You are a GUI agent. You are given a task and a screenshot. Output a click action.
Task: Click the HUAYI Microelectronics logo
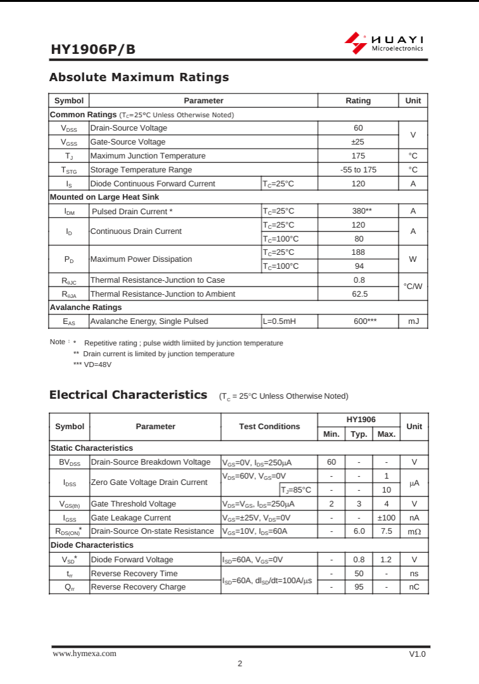click(x=384, y=42)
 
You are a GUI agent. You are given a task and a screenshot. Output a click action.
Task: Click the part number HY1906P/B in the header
click(x=93, y=50)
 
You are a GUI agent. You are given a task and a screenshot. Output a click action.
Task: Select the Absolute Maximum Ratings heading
click(x=139, y=77)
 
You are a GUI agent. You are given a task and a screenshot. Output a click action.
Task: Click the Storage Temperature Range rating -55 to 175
click(x=358, y=170)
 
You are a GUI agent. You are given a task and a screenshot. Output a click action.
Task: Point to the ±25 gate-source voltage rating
click(x=358, y=142)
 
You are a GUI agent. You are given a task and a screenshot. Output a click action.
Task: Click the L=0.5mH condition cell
click(x=279, y=321)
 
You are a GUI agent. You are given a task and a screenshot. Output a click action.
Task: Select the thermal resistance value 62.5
click(x=359, y=294)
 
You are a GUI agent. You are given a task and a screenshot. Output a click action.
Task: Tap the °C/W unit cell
click(x=412, y=287)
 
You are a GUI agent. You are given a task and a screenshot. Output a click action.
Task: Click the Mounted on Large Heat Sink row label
click(x=105, y=197)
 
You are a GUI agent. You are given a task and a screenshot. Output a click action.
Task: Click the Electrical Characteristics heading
click(x=128, y=395)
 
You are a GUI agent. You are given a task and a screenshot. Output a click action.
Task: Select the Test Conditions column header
click(x=269, y=427)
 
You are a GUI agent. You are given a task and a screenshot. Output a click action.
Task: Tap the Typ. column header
click(x=359, y=434)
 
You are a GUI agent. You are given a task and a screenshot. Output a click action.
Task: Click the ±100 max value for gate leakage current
click(x=386, y=518)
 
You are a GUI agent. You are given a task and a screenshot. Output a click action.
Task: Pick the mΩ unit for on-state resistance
click(x=414, y=531)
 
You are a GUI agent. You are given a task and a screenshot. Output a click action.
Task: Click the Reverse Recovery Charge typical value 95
click(x=359, y=587)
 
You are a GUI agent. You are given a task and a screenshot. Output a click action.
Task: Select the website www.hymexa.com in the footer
click(x=84, y=654)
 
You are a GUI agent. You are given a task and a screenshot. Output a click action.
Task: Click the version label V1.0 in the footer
click(x=418, y=654)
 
